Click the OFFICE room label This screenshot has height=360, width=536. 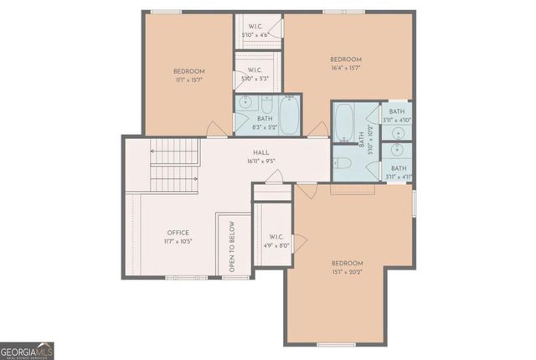pos(178,233)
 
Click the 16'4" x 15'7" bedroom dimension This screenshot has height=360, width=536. pos(345,69)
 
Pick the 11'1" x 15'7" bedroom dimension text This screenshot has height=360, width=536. pos(189,80)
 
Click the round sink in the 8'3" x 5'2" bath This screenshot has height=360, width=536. pos(245,105)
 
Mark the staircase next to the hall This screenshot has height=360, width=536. pos(177,165)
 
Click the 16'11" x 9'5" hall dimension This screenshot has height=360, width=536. pos(261,161)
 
